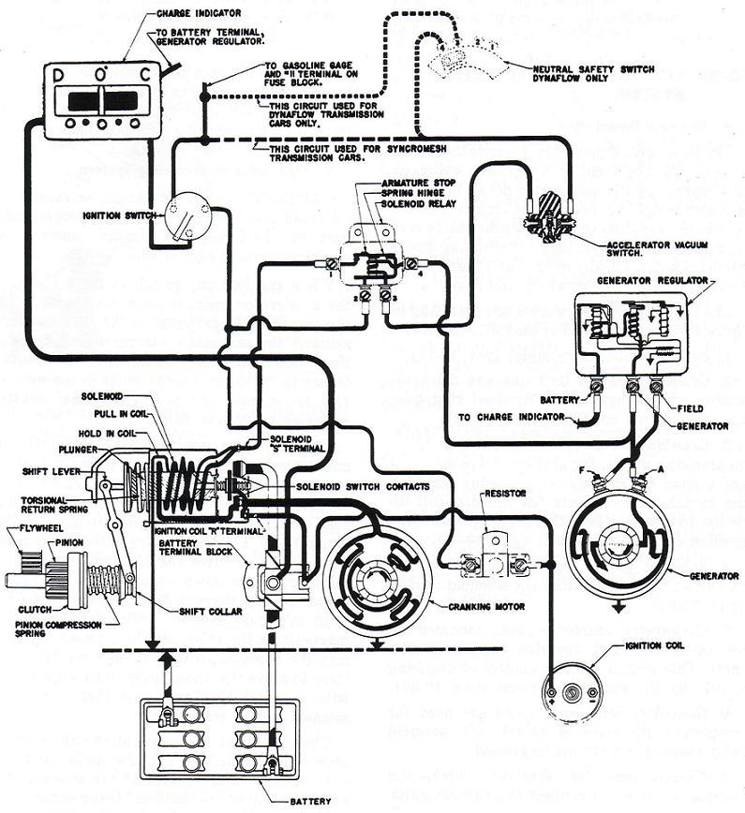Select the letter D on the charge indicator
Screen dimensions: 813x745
point(57,73)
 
